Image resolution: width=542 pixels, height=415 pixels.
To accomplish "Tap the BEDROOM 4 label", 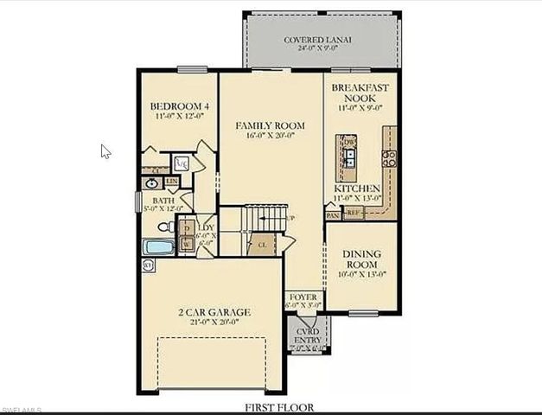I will (x=180, y=107).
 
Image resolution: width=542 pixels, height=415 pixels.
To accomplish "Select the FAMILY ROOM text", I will (x=271, y=125).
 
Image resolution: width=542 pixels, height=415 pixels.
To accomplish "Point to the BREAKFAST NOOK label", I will (x=358, y=93).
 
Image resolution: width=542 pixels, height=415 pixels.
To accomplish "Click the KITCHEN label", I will (x=357, y=188).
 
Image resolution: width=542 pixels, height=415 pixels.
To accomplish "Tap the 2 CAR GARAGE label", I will (x=215, y=311).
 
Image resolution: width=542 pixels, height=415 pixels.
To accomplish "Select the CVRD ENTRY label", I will (x=307, y=335).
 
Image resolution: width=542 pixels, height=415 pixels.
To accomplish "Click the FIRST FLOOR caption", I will (x=278, y=406).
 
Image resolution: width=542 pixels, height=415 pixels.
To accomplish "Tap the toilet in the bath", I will (x=164, y=227).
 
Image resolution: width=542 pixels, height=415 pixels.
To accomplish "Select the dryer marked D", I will (x=187, y=228).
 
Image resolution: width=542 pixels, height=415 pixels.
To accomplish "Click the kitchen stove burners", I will (x=389, y=157).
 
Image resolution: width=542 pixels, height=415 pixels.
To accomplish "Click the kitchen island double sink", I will (x=349, y=157).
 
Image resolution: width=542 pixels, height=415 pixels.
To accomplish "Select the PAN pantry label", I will (x=334, y=216).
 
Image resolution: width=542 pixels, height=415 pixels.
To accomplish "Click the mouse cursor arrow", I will (x=105, y=151).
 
